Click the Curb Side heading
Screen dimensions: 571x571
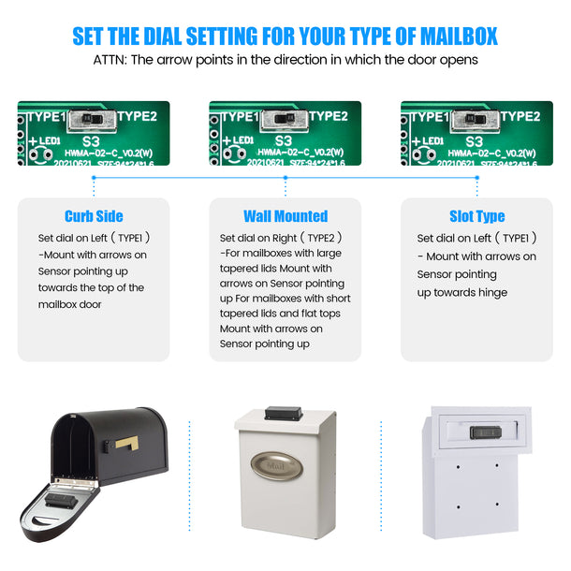coord(94,216)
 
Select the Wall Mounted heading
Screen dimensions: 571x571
coord(285,216)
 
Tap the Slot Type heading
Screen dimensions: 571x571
coord(476,216)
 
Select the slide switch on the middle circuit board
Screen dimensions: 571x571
coord(284,119)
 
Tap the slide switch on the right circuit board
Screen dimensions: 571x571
coord(476,119)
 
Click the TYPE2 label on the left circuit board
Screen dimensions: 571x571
coord(139,117)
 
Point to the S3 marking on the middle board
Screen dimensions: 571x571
coord(284,138)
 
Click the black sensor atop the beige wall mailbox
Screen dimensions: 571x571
coord(284,412)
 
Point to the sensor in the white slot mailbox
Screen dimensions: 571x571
coord(483,432)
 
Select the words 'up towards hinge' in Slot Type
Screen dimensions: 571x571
coord(462,292)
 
